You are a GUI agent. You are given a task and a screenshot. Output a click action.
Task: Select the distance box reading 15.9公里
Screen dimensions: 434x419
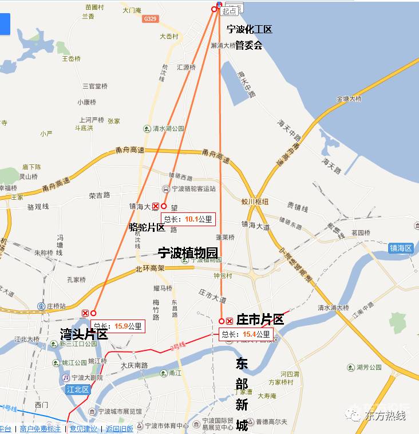pyautogui.click(x=118, y=326)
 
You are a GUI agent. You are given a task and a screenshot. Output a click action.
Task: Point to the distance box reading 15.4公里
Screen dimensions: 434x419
pyautogui.click(x=246, y=334)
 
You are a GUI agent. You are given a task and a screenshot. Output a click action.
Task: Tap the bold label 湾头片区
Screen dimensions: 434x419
pyautogui.click(x=84, y=334)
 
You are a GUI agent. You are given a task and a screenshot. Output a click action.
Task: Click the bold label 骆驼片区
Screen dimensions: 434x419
pyautogui.click(x=147, y=228)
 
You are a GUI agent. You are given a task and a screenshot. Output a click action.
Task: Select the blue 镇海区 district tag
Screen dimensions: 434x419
pyautogui.click(x=401, y=248)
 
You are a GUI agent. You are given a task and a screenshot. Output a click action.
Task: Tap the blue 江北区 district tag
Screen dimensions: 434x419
pyautogui.click(x=78, y=390)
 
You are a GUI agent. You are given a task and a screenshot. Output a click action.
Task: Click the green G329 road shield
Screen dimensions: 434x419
pyautogui.click(x=150, y=19)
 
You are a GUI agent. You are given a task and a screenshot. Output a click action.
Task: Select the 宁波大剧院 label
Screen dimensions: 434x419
pyautogui.click(x=85, y=378)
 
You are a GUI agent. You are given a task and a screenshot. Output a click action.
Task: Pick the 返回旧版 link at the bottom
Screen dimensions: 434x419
pyautogui.click(x=119, y=429)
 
